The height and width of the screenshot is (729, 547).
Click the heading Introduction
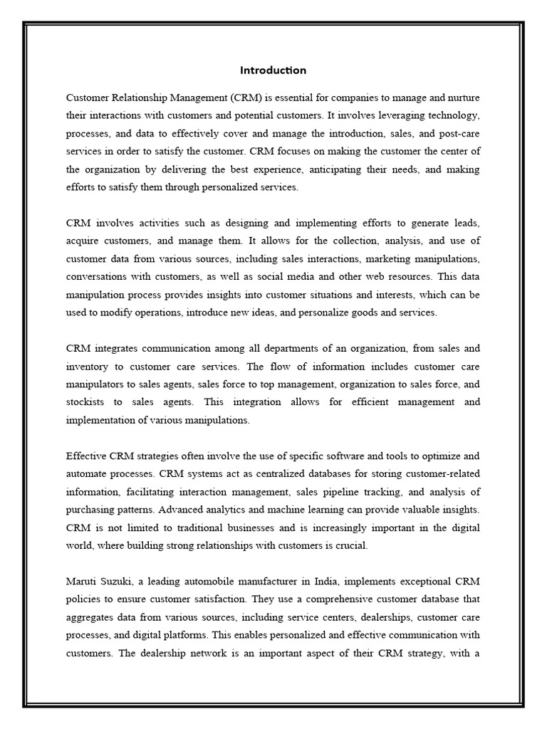tap(273, 70)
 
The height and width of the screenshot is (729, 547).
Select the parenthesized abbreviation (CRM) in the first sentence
tap(242, 96)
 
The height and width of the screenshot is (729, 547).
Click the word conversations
tap(100, 276)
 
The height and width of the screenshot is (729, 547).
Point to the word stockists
tap(85, 402)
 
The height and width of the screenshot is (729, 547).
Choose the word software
tap(340, 456)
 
